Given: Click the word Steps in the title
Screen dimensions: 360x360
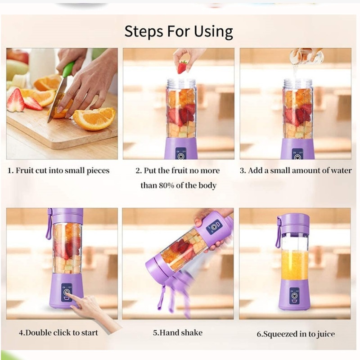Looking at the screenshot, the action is pyautogui.click(x=144, y=31).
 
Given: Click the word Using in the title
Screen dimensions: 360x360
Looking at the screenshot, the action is pyautogui.click(x=213, y=31).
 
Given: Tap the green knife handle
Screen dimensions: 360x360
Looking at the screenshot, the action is pyautogui.click(x=69, y=69).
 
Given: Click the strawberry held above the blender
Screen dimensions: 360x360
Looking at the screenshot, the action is pyautogui.click(x=182, y=67).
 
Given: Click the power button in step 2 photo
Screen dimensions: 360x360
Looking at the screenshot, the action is pyautogui.click(x=181, y=156).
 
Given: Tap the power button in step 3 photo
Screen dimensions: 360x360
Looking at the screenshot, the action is pyautogui.click(x=297, y=157).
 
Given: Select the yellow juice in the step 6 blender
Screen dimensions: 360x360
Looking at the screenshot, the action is pyautogui.click(x=295, y=265).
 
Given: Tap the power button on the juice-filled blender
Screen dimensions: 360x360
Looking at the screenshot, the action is pyautogui.click(x=294, y=295).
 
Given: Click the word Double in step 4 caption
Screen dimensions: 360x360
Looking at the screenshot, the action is pyautogui.click(x=38, y=333).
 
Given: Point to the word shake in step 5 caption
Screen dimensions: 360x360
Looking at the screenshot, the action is pyautogui.click(x=192, y=333).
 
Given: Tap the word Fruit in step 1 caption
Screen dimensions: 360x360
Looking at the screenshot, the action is pyautogui.click(x=25, y=171).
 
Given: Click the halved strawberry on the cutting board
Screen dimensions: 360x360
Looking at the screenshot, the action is pyautogui.click(x=16, y=100).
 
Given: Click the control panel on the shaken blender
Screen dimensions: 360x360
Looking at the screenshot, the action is pyautogui.click(x=214, y=227).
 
